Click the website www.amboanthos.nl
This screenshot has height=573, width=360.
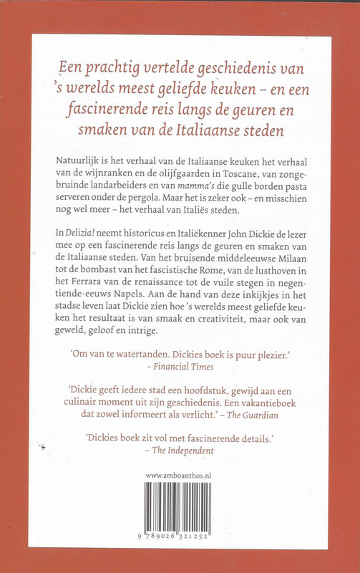(x=180, y=475)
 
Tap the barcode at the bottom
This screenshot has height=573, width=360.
(x=180, y=506)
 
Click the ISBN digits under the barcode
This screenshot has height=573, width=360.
(x=180, y=534)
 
